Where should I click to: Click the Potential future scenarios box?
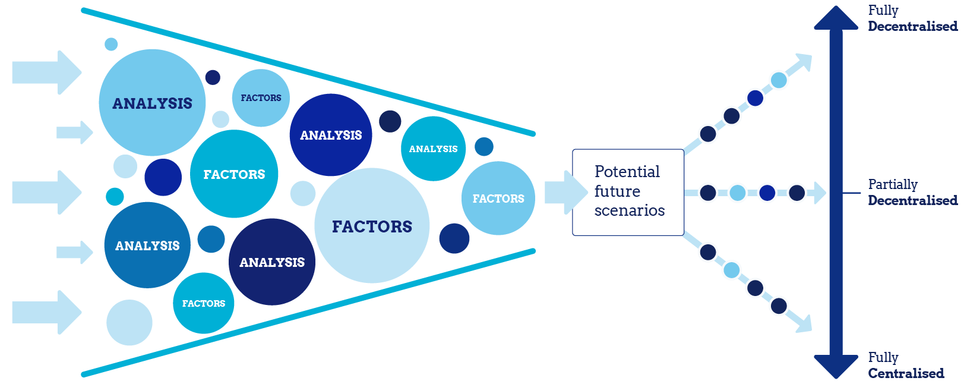628,192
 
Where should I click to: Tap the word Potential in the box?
627,172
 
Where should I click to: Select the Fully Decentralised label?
912,18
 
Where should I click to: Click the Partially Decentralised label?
912,192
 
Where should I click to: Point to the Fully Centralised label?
905,365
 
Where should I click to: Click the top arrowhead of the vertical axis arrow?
836,18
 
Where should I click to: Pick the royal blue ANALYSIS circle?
331,135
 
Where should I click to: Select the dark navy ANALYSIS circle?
272,262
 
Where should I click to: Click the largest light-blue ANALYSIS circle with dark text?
152,103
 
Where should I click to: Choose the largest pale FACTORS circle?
372,226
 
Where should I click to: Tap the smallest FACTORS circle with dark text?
261,98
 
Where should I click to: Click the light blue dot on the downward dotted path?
732,270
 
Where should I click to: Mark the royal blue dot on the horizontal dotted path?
767,193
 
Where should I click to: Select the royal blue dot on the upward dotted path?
755,98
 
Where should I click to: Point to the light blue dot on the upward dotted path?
779,80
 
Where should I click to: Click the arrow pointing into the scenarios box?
564,192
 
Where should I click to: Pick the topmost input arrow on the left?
46,73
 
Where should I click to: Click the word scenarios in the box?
629,210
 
